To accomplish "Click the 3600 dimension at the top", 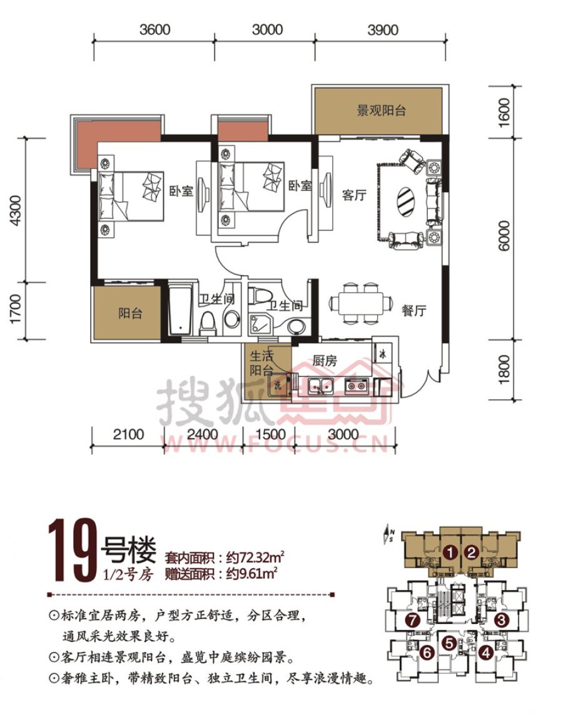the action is coord(155,29).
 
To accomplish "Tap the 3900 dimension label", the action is coord(383,29).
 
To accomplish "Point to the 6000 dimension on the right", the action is coord(504,235).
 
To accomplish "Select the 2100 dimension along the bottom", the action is coord(128,434).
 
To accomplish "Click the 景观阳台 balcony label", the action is coord(382,110).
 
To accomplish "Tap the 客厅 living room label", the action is coord(354,195).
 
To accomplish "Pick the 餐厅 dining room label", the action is coord(413,310).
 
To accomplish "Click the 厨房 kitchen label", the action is coord(325,360).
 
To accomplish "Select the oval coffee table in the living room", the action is coord(405,202).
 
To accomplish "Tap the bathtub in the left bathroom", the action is coord(180,310).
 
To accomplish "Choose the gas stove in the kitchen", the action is coord(357,386).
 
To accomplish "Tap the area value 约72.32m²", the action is coord(255,557).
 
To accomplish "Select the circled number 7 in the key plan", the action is coord(412,620).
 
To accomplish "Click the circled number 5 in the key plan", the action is coord(449,643).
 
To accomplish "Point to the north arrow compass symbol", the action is coord(389,533).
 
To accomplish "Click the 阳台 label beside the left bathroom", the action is coord(130,314).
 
